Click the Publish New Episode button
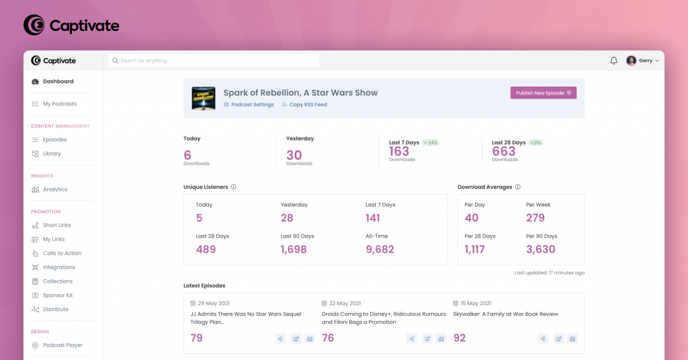pos(543,93)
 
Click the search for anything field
pos(214,60)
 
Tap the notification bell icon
pos(613,60)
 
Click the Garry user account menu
pos(643,60)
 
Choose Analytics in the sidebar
pos(55,189)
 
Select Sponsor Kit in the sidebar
pos(58,296)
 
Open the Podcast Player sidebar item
pos(62,345)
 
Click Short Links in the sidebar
pos(57,225)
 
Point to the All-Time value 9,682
pos(380,249)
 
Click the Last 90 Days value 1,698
pos(294,249)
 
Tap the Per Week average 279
pos(535,218)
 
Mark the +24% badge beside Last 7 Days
pos(431,142)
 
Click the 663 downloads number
pos(504,152)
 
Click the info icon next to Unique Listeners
pos(233,187)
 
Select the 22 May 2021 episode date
pos(345,304)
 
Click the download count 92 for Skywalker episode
pos(460,338)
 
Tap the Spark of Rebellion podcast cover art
pos(204,98)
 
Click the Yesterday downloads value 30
pos(294,155)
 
